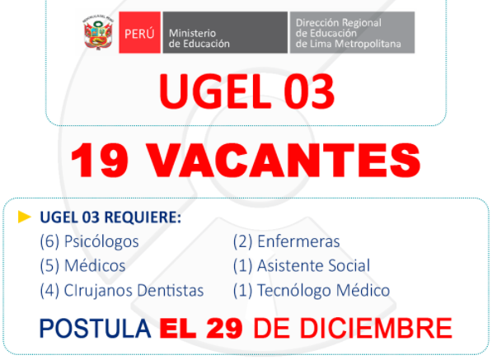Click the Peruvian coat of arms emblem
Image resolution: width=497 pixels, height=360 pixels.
[98, 32]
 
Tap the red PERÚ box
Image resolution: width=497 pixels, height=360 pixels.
[140, 32]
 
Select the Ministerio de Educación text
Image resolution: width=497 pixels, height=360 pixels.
[199, 38]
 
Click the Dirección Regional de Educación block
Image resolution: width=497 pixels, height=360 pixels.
[352, 32]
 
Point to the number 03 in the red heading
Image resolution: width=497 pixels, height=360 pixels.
[309, 91]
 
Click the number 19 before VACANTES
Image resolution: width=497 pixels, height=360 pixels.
[100, 161]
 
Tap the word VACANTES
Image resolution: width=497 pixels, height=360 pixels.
[284, 161]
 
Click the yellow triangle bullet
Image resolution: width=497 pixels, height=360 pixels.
[25, 217]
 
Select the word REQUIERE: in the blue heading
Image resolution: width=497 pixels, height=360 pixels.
[143, 217]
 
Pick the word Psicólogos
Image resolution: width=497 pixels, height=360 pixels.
[101, 242]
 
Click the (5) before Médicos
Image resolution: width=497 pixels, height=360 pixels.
[49, 265]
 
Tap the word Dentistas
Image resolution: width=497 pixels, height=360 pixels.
[171, 290]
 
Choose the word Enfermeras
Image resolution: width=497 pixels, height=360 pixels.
[298, 241]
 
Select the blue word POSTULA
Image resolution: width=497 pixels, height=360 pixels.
[95, 329]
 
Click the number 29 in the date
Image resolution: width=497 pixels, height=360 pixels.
[224, 329]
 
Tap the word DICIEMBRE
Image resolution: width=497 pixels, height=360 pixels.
[376, 329]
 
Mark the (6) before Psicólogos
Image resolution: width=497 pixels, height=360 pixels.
[49, 241]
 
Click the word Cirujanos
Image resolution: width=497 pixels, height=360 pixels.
[98, 291]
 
